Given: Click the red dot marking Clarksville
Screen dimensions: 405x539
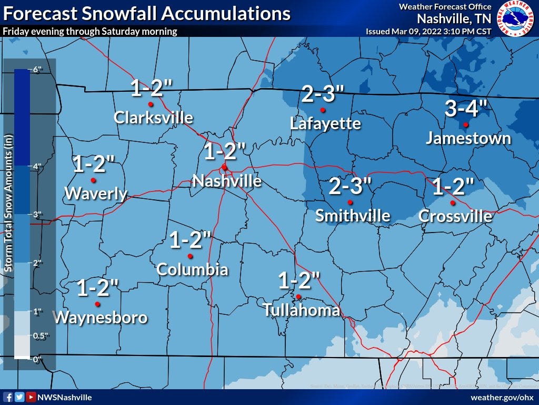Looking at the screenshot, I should coord(150,104).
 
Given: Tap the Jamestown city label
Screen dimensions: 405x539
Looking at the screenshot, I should coord(468,138).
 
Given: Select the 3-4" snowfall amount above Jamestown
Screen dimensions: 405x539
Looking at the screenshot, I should coord(467,109).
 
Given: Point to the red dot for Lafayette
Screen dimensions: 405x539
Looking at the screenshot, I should coord(323,110).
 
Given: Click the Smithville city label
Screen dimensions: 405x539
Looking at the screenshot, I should coord(353,216).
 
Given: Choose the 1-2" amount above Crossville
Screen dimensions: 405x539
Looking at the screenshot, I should coord(453,187).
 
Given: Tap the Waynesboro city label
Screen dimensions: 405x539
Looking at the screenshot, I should coord(101,317).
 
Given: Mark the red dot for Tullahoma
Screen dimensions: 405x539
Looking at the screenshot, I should coord(298,296).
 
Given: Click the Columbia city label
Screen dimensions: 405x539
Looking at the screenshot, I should coord(192,270).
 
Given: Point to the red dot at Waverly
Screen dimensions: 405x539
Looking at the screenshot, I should coord(94,180).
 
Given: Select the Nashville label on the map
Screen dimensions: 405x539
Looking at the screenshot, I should coord(227,181).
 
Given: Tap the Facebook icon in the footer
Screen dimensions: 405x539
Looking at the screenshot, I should coord(8,397).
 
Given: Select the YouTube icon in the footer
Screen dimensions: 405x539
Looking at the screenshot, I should coord(31,397).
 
